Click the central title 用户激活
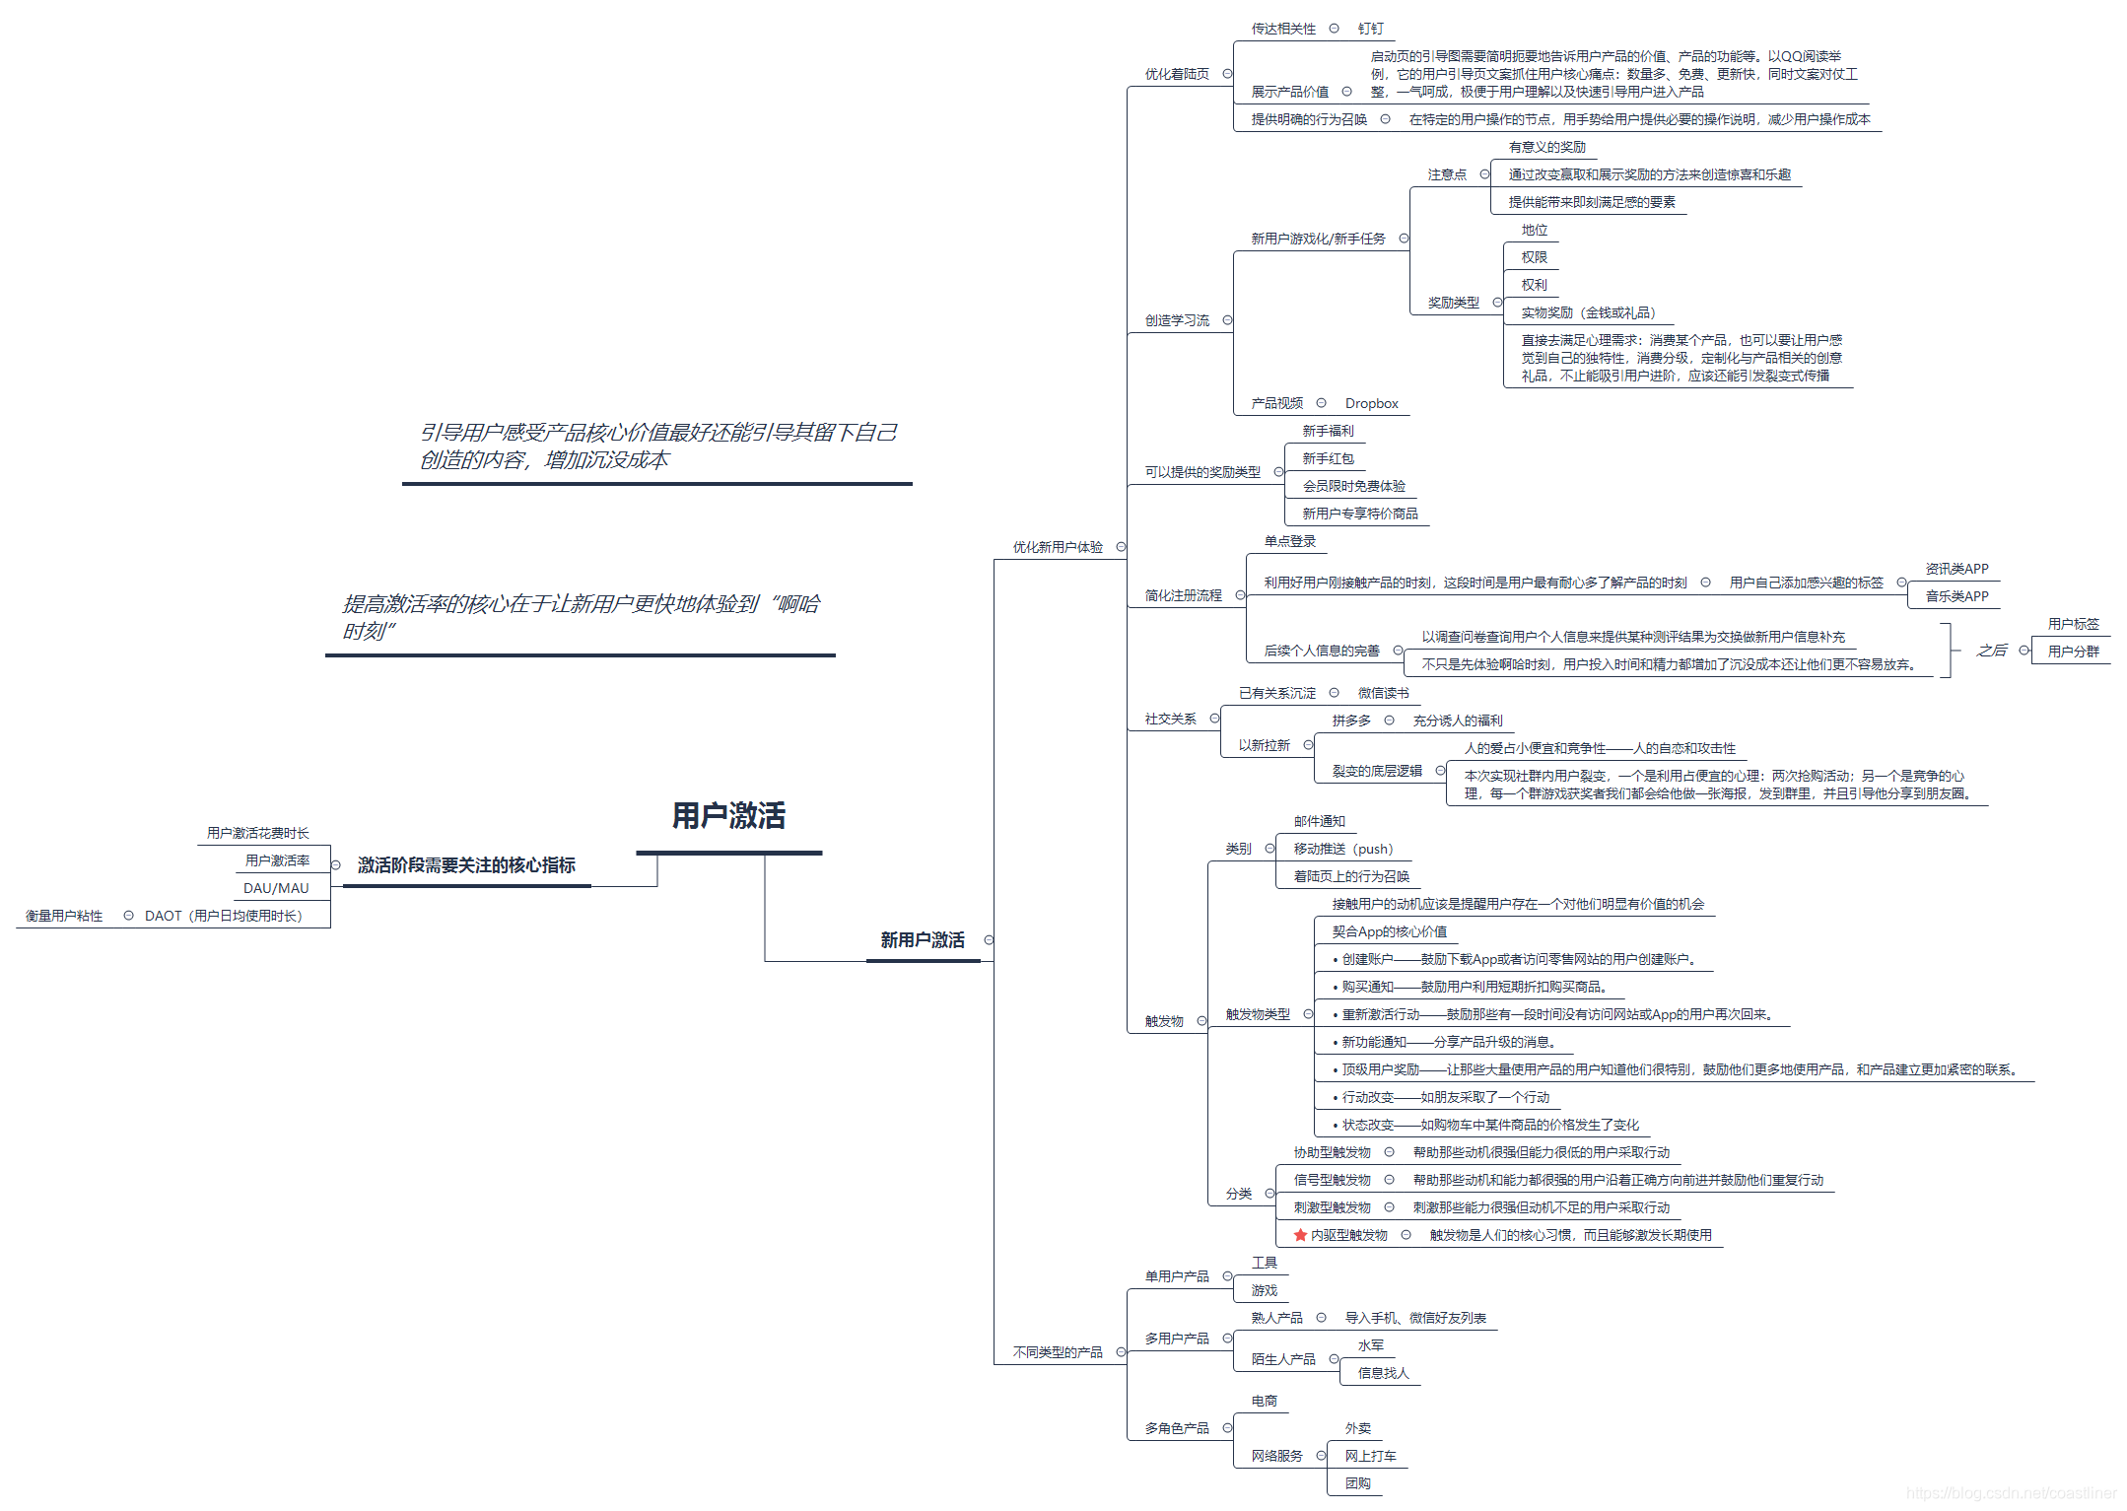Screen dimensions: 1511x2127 click(x=728, y=816)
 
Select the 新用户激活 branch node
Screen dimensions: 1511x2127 click(x=923, y=940)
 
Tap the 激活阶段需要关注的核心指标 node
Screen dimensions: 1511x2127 click(x=466, y=865)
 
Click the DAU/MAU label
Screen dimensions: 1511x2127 click(x=276, y=888)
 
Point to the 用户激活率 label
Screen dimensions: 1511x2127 click(x=277, y=860)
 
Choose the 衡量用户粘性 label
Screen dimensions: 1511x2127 click(x=64, y=916)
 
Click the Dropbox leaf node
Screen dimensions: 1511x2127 click(x=1371, y=403)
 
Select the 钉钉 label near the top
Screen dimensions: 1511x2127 click(x=1370, y=29)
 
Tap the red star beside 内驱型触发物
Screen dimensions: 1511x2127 click(x=1300, y=1235)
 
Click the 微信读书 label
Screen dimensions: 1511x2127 click(x=1383, y=693)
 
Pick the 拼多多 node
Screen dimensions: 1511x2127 click(x=1351, y=721)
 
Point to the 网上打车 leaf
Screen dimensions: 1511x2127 click(x=1370, y=1456)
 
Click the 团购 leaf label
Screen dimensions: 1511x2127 click(x=1357, y=1483)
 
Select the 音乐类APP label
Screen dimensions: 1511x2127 click(x=1956, y=596)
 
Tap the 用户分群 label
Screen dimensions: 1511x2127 click(x=2073, y=652)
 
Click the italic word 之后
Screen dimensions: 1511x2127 click(x=1991, y=651)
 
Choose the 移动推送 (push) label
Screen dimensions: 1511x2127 click(x=1342, y=849)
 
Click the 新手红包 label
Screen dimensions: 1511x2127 click(x=1328, y=458)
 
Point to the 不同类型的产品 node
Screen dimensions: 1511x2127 click(x=1058, y=1352)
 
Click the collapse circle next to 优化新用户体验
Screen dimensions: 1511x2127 click(x=1121, y=547)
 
